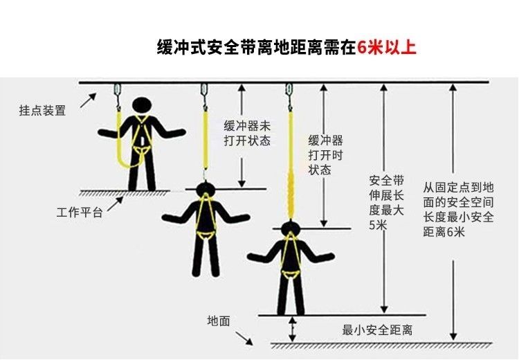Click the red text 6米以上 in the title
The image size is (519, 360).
tap(386, 48)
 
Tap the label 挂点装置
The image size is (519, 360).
tap(42, 110)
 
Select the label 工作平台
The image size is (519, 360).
tap(80, 213)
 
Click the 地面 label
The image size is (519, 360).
tap(219, 321)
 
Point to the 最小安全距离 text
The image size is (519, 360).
tap(377, 330)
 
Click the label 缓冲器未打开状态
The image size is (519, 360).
tap(247, 133)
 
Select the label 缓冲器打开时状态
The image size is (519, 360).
tap(325, 155)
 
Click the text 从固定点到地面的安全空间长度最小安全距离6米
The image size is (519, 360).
tap(458, 209)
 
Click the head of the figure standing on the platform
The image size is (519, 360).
tap(142, 106)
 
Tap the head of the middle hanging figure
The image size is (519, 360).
tap(206, 190)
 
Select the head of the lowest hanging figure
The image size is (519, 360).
tap(290, 228)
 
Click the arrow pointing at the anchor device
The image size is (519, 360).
tap(89, 100)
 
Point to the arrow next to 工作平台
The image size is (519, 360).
tap(116, 204)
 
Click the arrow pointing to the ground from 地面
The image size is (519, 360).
tap(244, 338)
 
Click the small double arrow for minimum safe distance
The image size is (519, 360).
tap(292, 329)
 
